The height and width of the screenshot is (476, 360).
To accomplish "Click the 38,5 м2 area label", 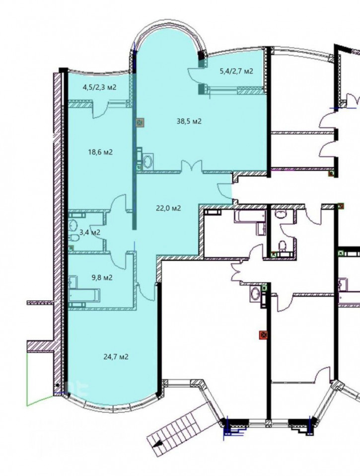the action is point(189,121).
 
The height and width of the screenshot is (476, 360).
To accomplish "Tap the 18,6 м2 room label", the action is point(100,152).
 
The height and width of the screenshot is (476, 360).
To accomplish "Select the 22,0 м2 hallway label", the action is point(168,208).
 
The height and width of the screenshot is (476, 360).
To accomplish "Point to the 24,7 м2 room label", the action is point(116,357).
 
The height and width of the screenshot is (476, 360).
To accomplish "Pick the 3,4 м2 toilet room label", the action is point(90,233).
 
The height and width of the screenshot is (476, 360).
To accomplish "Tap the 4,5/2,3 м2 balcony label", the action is point(99,87).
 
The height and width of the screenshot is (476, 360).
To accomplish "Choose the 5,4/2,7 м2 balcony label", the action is point(236,72).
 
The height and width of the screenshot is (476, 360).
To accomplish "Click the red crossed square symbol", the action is point(264,335).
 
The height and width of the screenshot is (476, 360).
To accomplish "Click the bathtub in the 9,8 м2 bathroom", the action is point(84,295).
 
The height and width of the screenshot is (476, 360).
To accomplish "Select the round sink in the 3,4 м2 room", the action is point(73,225).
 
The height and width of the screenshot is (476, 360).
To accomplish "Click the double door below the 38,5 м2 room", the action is point(192,167).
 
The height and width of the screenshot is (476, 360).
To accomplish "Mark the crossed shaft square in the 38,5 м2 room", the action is point(140,123).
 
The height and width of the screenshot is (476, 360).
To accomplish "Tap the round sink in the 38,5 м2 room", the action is point(148,161).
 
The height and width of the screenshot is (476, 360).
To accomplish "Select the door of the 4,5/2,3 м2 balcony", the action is point(100,111).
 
